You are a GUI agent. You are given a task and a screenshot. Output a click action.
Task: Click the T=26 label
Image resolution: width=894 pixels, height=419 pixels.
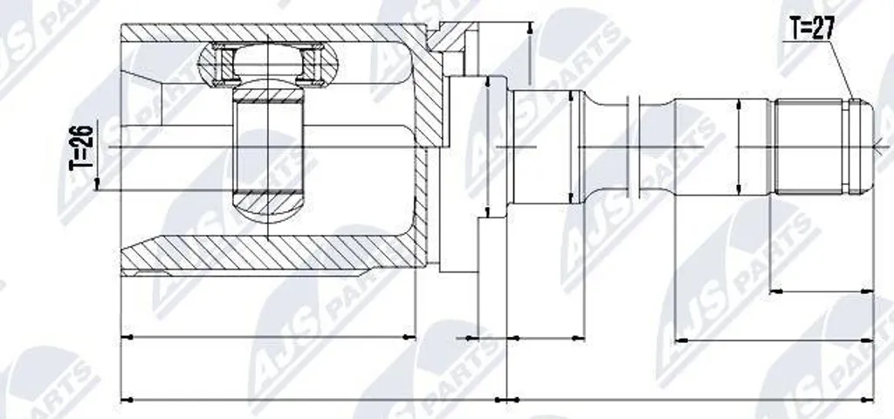point(81,148)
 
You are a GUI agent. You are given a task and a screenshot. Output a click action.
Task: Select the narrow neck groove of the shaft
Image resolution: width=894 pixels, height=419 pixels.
point(609,147)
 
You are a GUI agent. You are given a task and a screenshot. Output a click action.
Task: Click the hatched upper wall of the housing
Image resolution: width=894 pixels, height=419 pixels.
point(273,32)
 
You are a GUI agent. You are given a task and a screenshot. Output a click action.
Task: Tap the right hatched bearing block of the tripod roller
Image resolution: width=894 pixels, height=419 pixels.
point(312,65)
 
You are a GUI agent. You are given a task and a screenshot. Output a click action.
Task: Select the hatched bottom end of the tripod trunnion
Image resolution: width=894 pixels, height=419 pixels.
point(268,204)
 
